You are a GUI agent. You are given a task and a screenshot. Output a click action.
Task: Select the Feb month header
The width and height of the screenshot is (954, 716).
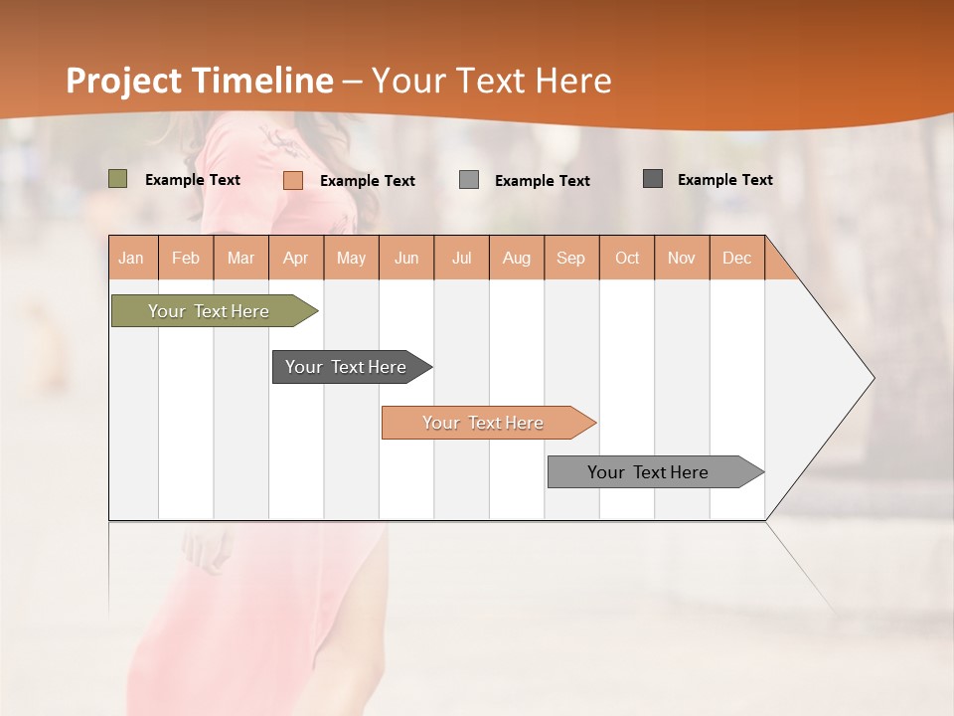coord(186,258)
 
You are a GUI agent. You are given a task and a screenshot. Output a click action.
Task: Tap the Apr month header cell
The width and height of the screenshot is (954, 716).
coord(296,258)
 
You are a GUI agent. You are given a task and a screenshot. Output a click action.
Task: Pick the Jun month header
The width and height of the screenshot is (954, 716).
coord(406,258)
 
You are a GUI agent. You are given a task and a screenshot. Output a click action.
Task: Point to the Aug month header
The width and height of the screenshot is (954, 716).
coord(517,258)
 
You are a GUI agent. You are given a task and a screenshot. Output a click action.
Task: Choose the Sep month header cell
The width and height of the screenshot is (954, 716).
coord(571,258)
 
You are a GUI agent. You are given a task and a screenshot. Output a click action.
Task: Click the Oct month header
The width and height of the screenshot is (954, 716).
coord(627,258)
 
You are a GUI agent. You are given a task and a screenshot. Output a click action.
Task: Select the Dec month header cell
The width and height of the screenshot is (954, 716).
coord(737,258)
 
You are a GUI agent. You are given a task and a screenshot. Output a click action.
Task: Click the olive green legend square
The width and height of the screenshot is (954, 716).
coord(118,179)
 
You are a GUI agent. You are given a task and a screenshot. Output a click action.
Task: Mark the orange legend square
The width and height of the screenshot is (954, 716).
coord(293,180)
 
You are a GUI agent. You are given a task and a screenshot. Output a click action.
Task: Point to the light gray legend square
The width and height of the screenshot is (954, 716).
coord(469,180)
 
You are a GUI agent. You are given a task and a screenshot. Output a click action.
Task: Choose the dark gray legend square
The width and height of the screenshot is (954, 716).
coord(653,179)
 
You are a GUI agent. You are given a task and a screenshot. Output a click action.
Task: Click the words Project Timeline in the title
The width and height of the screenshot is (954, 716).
coord(200,81)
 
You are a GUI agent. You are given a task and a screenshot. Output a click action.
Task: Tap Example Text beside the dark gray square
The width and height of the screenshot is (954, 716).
coord(724,180)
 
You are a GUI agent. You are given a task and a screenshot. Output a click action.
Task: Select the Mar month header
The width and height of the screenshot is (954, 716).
coord(240,258)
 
